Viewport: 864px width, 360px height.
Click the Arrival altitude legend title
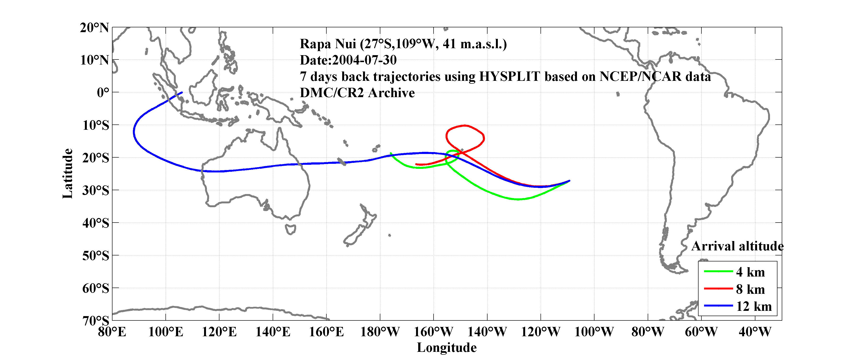click(737, 246)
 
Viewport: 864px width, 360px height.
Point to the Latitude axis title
click(67, 173)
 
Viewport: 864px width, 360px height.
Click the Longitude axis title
click(447, 348)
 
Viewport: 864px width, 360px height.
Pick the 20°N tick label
click(94, 28)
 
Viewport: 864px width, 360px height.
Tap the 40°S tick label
click(96, 223)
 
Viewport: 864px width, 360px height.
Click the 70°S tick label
click(96, 320)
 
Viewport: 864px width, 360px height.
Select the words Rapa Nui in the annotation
click(328, 44)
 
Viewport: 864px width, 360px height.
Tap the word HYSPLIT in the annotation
click(509, 77)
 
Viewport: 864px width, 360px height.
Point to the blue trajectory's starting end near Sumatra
click(182, 92)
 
